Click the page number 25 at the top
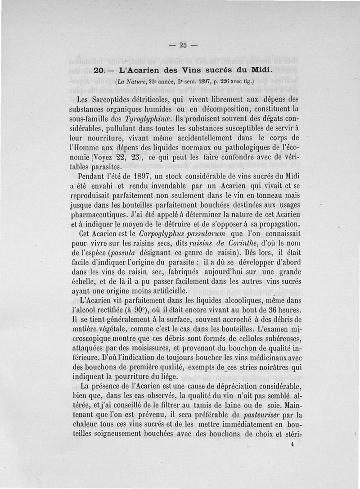point(182,45)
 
